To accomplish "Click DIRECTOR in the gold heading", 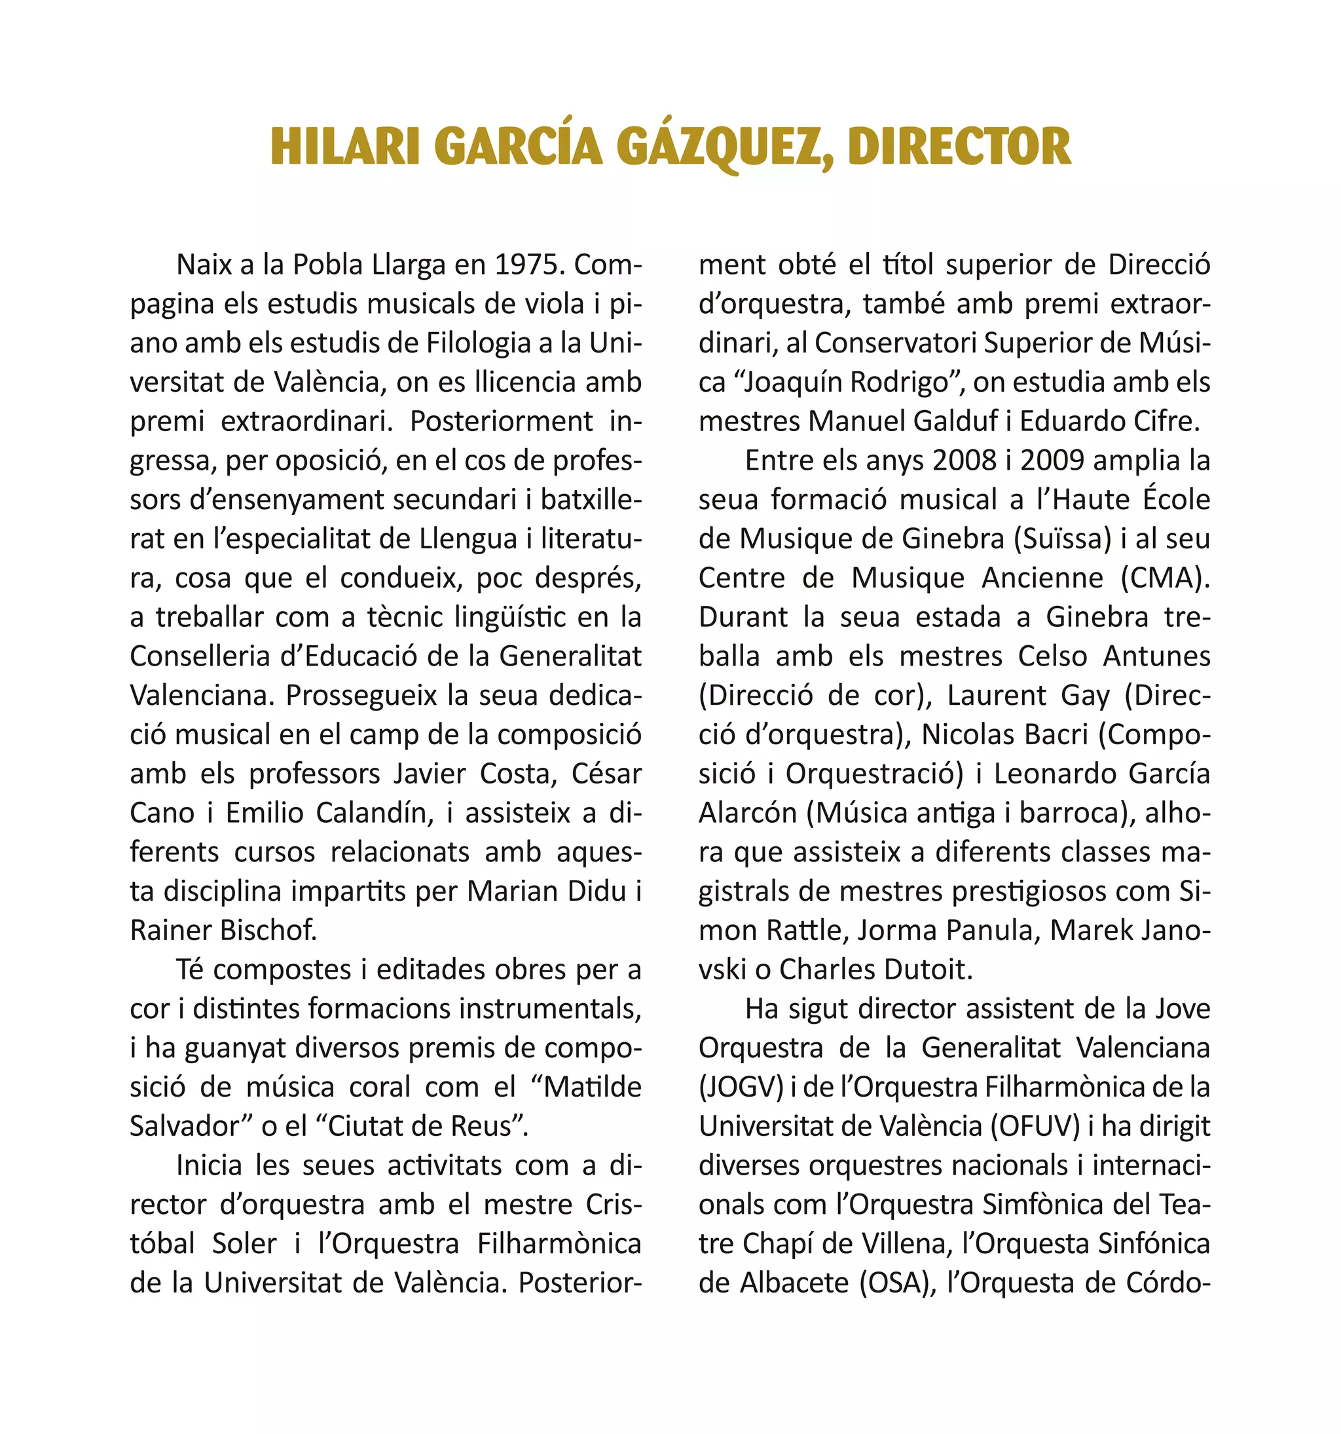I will [x=959, y=147].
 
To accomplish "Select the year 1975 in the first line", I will [x=529, y=265].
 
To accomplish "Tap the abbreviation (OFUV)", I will [x=1035, y=1126].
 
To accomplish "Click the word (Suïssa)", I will [x=1063, y=539].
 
